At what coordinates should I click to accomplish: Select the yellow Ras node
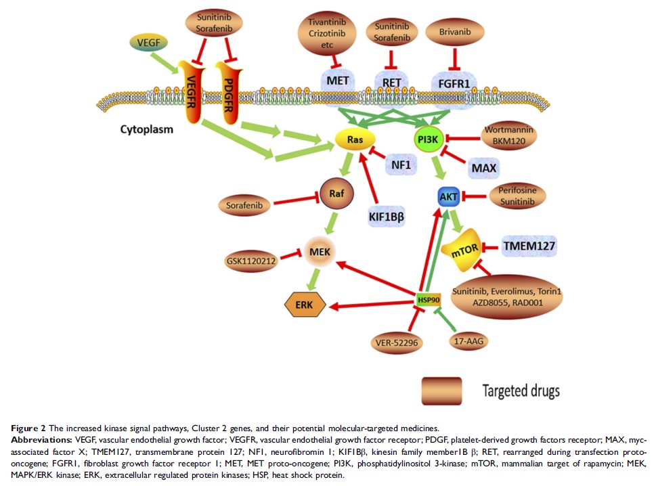point(355,139)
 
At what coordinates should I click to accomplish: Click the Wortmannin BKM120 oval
point(509,136)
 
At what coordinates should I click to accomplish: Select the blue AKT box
point(449,197)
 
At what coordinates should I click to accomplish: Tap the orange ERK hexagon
point(303,305)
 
